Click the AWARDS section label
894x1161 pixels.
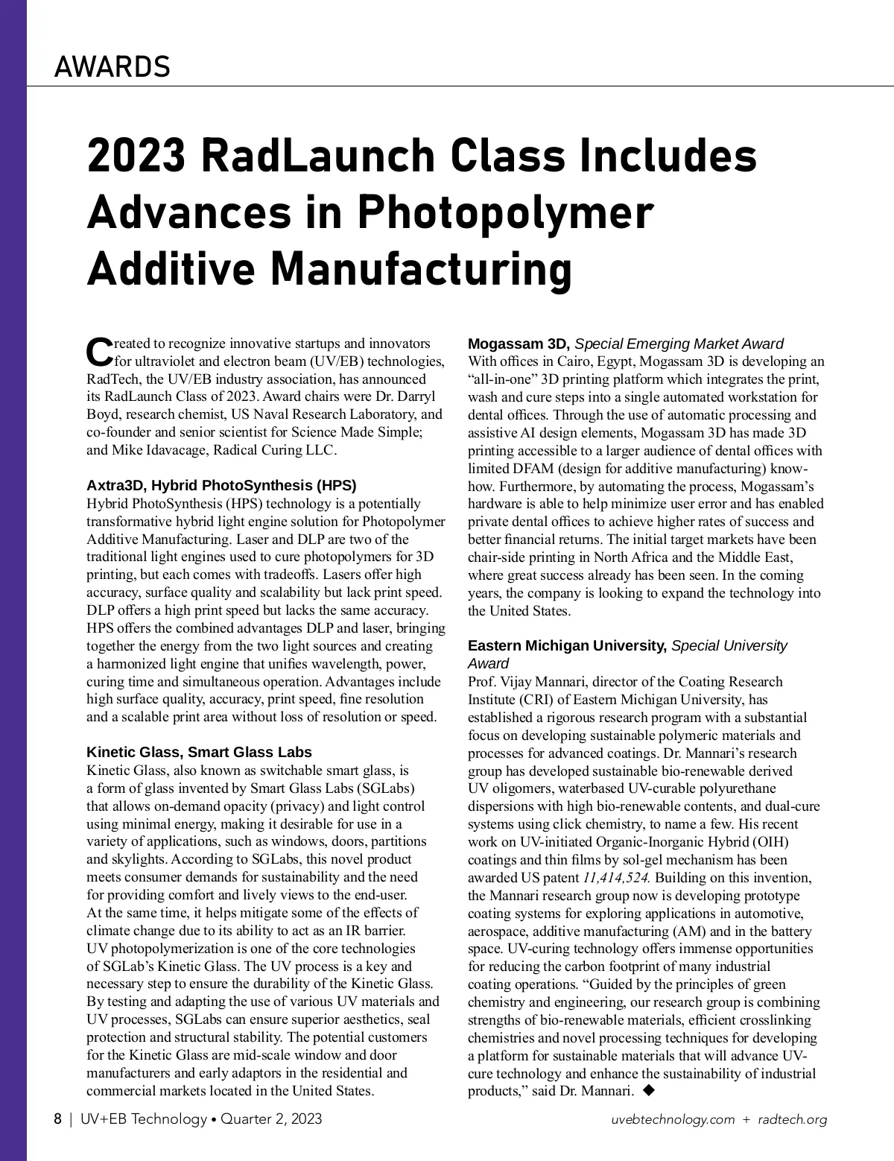point(112,67)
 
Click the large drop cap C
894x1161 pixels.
point(99,352)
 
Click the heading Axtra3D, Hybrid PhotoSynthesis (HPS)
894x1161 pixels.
point(221,486)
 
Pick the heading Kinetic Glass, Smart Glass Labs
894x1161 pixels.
point(199,751)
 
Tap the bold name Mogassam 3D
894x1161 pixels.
point(519,344)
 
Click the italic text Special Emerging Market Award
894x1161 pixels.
point(679,344)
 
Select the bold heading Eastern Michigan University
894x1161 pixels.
point(567,645)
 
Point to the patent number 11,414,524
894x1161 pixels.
point(617,877)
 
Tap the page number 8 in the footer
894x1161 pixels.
point(57,1119)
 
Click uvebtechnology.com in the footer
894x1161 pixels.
point(673,1119)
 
